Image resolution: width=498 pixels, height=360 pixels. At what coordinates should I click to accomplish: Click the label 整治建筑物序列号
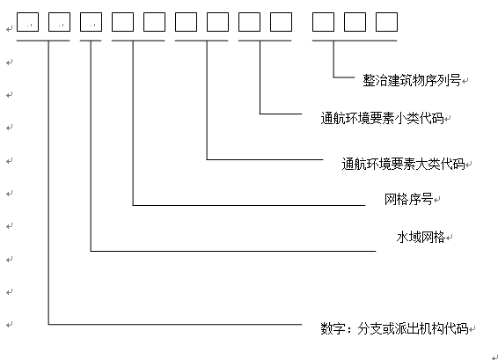[x=412, y=80]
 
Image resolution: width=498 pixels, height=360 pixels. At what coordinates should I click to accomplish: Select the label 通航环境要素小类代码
[x=382, y=119]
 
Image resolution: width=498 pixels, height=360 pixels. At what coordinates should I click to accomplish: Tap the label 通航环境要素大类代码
[x=403, y=164]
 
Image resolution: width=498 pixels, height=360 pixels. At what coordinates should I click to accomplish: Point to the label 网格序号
[x=409, y=200]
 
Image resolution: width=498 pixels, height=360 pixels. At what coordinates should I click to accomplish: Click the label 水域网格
[x=421, y=237]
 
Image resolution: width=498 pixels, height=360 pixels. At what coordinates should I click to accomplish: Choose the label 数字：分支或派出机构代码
[x=394, y=328]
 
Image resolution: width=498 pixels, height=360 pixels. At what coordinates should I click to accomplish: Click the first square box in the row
[x=27, y=22]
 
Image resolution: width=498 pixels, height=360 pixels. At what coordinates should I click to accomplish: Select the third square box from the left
[x=92, y=22]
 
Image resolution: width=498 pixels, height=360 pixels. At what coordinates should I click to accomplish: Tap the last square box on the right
[x=386, y=22]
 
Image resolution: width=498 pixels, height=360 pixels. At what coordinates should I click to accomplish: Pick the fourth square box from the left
[x=122, y=22]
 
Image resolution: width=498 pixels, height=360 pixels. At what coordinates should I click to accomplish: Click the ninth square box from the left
[x=281, y=22]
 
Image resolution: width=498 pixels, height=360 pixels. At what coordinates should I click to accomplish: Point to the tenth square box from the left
[x=323, y=22]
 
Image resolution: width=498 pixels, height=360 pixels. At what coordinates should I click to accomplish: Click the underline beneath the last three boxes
[x=355, y=40]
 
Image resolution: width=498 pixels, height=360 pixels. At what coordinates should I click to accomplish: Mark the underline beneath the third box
[x=91, y=40]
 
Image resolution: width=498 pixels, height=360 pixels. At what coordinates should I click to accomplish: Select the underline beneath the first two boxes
[x=43, y=40]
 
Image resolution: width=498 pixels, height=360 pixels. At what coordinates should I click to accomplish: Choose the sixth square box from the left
[x=187, y=22]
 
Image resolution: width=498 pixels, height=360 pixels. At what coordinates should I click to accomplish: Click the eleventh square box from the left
[x=355, y=22]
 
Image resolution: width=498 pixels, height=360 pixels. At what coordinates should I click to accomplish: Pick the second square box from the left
[x=60, y=22]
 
